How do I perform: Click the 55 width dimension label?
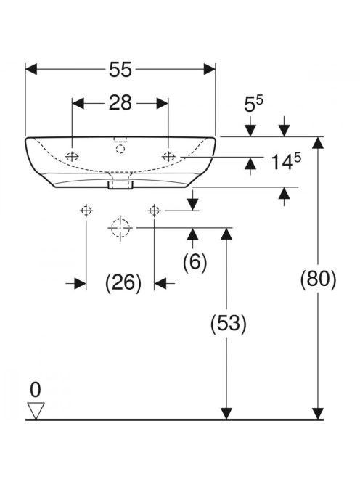[x=120, y=70]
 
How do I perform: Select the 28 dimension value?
[x=120, y=103]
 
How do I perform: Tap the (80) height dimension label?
[x=318, y=279]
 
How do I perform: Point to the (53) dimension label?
[x=229, y=324]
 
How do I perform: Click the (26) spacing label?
[x=123, y=283]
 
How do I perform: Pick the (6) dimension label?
[x=195, y=262]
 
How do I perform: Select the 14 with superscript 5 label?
[x=286, y=161]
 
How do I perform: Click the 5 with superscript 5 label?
[x=253, y=105]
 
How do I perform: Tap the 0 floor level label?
[x=36, y=390]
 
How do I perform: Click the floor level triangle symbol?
[x=36, y=410]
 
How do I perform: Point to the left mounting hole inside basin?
[x=72, y=157]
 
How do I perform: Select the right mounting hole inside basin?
[x=168, y=157]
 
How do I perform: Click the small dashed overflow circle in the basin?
[x=120, y=150]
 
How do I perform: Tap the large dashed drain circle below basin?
[x=120, y=228]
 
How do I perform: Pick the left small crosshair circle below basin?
[x=86, y=211]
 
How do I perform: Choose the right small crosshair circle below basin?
[x=155, y=211]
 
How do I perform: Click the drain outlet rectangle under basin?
[x=120, y=185]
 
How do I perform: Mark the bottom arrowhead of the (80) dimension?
[x=318, y=413]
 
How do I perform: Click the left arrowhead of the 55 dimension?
[x=31, y=69]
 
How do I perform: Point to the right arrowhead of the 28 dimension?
[x=163, y=104]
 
